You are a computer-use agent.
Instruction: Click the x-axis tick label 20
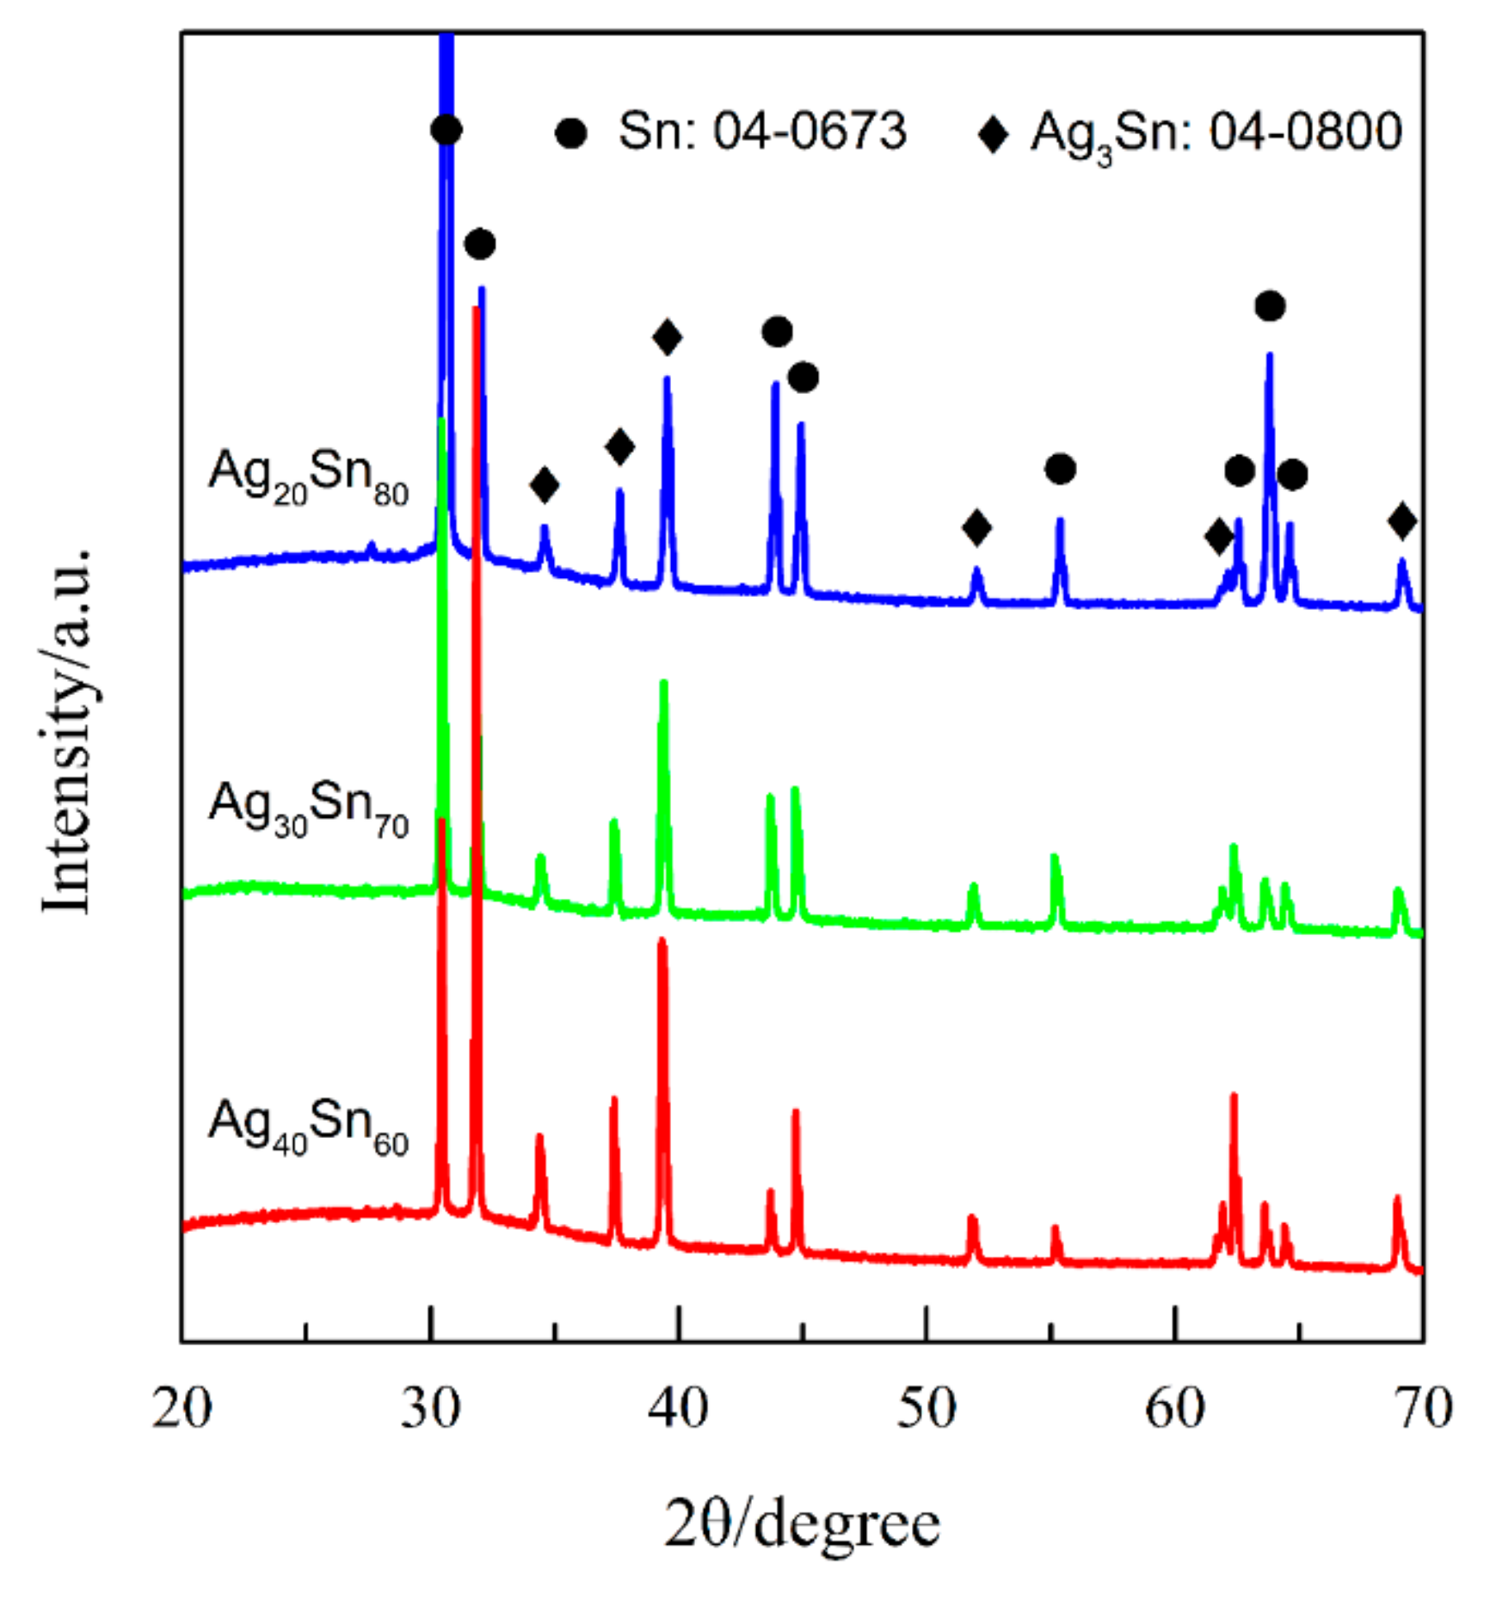[x=182, y=1409]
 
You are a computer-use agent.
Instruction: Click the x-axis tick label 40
[x=678, y=1409]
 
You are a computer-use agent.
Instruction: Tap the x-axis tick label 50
[x=927, y=1409]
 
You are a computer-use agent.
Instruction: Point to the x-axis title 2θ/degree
[x=802, y=1526]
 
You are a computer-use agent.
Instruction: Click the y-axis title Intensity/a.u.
[x=67, y=730]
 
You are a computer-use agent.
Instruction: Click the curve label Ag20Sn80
[x=308, y=477]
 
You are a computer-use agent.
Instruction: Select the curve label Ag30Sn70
[x=308, y=808]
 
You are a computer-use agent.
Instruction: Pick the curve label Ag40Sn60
[x=308, y=1126]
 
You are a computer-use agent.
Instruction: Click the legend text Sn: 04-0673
[x=762, y=132]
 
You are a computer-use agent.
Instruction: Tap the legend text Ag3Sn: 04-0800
[x=1216, y=134]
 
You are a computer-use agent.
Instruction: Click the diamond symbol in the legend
[x=993, y=134]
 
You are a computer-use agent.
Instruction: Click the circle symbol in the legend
[x=570, y=133]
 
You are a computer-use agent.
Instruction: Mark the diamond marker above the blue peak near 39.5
[x=668, y=336]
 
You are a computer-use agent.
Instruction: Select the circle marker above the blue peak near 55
[x=1060, y=469]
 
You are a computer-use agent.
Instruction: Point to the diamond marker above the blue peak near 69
[x=1402, y=521]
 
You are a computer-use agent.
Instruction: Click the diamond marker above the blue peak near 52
[x=976, y=527]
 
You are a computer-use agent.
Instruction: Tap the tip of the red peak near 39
[x=662, y=940]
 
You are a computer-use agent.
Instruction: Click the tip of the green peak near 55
[x=1054, y=857]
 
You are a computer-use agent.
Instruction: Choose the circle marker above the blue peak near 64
[x=1270, y=305]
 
